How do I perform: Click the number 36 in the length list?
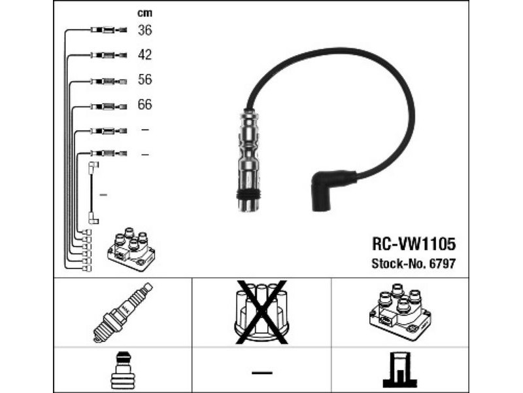click(144, 29)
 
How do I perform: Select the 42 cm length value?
click(144, 54)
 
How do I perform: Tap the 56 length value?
click(144, 79)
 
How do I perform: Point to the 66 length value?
click(144, 104)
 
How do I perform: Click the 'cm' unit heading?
click(144, 12)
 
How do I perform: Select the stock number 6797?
click(442, 263)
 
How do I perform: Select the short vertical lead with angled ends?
click(92, 194)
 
